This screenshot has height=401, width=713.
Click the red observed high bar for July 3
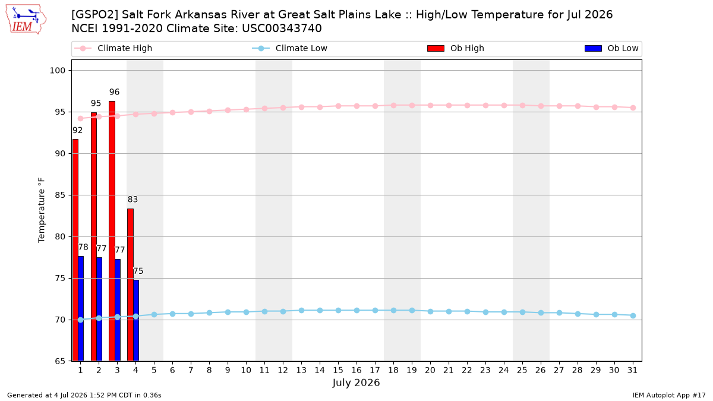coord(112,231)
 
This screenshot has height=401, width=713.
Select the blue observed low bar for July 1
coord(81,309)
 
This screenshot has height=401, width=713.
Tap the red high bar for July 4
coord(130,285)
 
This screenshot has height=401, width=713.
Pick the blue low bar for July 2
coord(99,310)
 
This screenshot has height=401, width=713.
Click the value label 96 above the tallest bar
coord(114,92)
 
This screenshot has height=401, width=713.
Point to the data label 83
coord(132,200)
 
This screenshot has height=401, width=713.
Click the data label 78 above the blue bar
coord(83,247)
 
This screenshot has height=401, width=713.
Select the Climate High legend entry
coord(113,48)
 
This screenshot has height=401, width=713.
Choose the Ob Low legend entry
coord(611,48)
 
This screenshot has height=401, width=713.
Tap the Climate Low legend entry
coord(290,48)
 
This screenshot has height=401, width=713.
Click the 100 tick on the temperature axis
coord(57,70)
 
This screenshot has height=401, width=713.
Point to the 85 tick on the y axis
coord(60,195)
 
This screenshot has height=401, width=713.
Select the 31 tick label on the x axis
coord(632,371)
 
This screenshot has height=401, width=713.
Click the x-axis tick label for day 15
coord(338,371)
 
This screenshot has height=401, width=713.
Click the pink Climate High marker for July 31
coord(633,108)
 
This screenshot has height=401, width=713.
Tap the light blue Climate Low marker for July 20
coord(430,311)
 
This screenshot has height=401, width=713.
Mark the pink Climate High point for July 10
coord(246,109)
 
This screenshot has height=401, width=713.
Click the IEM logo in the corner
coord(26,19)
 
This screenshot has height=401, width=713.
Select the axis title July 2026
coord(356,383)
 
